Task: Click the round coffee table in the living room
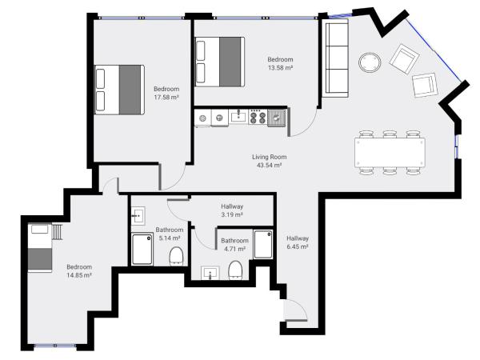click(370, 62)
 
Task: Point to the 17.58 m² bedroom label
click(166, 93)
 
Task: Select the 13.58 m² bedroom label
click(280, 63)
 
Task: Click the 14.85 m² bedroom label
click(78, 270)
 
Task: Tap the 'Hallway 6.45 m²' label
click(298, 243)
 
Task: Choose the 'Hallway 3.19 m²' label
click(232, 210)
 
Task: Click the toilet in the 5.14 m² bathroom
click(177, 256)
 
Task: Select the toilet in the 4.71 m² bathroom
click(236, 270)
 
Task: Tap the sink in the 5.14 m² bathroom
click(138, 215)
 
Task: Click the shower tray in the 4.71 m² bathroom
click(262, 243)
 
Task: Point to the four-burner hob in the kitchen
click(258, 118)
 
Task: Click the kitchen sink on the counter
click(238, 118)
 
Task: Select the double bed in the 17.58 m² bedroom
click(119, 89)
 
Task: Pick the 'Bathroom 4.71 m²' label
click(234, 244)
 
